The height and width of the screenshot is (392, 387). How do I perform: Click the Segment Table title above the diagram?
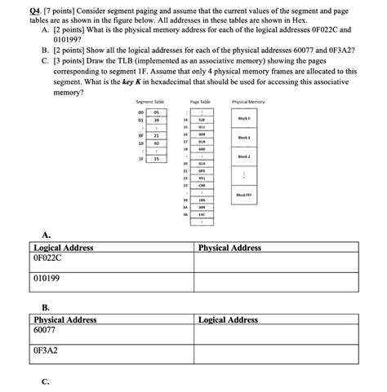(150, 101)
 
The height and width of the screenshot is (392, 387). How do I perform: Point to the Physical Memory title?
(248, 101)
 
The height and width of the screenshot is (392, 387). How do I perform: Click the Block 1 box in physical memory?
(244, 138)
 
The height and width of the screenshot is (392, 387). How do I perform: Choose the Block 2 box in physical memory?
(244, 156)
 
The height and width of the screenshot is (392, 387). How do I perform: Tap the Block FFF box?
(244, 196)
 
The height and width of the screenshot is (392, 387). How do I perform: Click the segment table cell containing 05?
(155, 112)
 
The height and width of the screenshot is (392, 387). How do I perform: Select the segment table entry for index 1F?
(155, 159)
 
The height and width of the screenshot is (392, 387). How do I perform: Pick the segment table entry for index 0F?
(155, 135)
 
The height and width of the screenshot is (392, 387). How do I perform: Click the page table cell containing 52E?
(201, 120)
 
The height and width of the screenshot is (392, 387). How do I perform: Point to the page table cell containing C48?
(201, 185)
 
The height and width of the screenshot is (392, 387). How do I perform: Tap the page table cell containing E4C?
(201, 215)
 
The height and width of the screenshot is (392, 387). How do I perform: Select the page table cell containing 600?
(201, 150)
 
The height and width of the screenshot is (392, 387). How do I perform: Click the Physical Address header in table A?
(229, 248)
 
